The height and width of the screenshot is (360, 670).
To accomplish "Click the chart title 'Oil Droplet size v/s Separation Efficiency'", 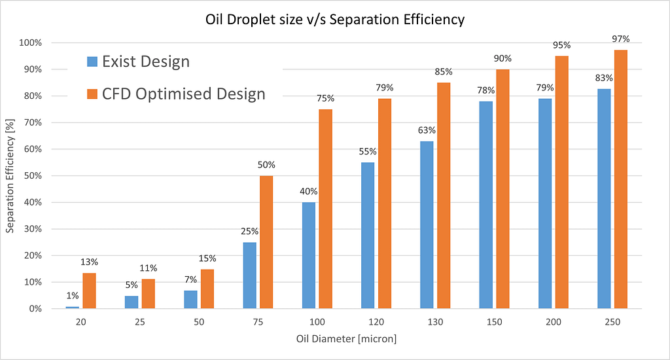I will [334, 20].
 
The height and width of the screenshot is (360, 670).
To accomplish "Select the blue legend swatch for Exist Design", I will [91, 62].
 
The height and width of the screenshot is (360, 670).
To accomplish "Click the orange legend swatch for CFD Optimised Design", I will [91, 94].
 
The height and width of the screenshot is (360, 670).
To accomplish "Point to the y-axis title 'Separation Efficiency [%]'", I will [11, 175].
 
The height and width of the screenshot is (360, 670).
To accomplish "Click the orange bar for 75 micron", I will [266, 242].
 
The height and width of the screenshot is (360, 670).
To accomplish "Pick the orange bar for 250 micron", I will [620, 179].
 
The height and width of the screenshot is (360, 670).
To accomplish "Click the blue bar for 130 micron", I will [426, 225].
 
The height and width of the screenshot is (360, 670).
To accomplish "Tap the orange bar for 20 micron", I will [89, 291].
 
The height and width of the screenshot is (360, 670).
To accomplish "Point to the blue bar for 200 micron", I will [544, 204].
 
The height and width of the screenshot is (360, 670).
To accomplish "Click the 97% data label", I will [620, 40].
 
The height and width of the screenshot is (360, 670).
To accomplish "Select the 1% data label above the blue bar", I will [72, 295].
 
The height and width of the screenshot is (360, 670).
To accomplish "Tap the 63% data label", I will [426, 130].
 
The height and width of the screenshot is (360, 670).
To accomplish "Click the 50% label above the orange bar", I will [266, 165].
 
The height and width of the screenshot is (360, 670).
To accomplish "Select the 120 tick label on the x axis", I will [376, 322].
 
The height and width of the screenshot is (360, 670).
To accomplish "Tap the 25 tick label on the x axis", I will [139, 322].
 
